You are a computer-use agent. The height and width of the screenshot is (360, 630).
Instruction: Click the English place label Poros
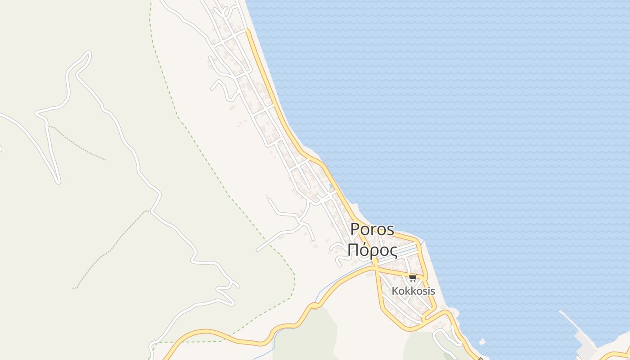(x=372, y=229)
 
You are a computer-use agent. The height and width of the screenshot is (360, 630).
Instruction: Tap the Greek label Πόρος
(x=372, y=250)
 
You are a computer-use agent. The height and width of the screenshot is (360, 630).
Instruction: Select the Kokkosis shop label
(x=413, y=291)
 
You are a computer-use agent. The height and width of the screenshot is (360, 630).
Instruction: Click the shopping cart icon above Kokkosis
(x=413, y=278)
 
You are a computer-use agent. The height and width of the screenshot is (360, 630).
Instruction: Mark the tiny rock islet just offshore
(x=482, y=342)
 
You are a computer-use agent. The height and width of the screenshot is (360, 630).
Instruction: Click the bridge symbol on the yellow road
(x=314, y=306)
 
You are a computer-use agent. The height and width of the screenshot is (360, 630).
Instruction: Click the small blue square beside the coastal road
(x=331, y=186)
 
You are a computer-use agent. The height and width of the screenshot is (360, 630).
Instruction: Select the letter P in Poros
(x=355, y=229)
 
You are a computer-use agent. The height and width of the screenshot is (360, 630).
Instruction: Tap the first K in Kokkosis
(x=395, y=291)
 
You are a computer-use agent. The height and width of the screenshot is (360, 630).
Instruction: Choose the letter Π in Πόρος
(x=353, y=250)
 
